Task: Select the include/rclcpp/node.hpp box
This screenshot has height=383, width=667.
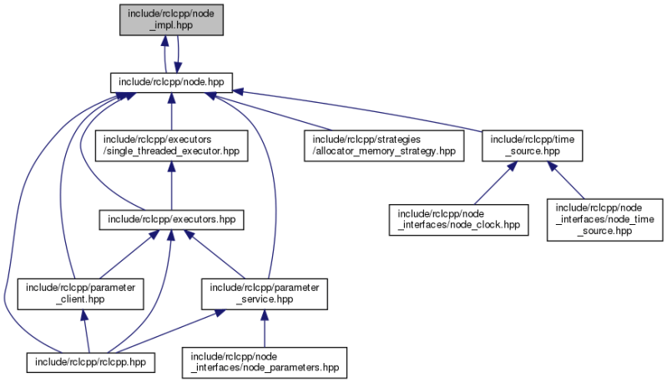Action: click(171, 82)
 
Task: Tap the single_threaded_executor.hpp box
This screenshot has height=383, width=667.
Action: click(171, 144)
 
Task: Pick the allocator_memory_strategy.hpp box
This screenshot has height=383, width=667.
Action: click(383, 144)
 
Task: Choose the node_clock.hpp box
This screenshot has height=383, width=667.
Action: click(459, 219)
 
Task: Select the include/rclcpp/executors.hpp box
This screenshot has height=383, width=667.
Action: click(171, 219)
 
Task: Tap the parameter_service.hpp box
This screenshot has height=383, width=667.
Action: click(264, 292)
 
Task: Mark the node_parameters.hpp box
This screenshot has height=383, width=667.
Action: click(264, 361)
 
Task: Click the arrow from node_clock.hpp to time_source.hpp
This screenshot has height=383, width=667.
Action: click(490, 183)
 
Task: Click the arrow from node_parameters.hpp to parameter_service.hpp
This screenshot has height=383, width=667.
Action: click(264, 329)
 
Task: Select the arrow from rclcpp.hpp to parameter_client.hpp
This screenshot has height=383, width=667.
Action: click(84, 330)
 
